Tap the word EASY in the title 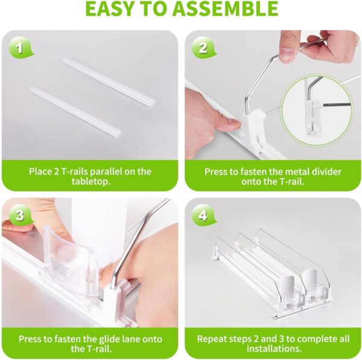tap(110, 8)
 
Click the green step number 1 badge tap(20, 49)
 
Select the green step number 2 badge tap(203, 48)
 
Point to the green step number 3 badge tap(20, 215)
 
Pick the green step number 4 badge tap(203, 215)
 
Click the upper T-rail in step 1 tap(109, 82)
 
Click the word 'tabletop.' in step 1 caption tap(91, 181)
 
